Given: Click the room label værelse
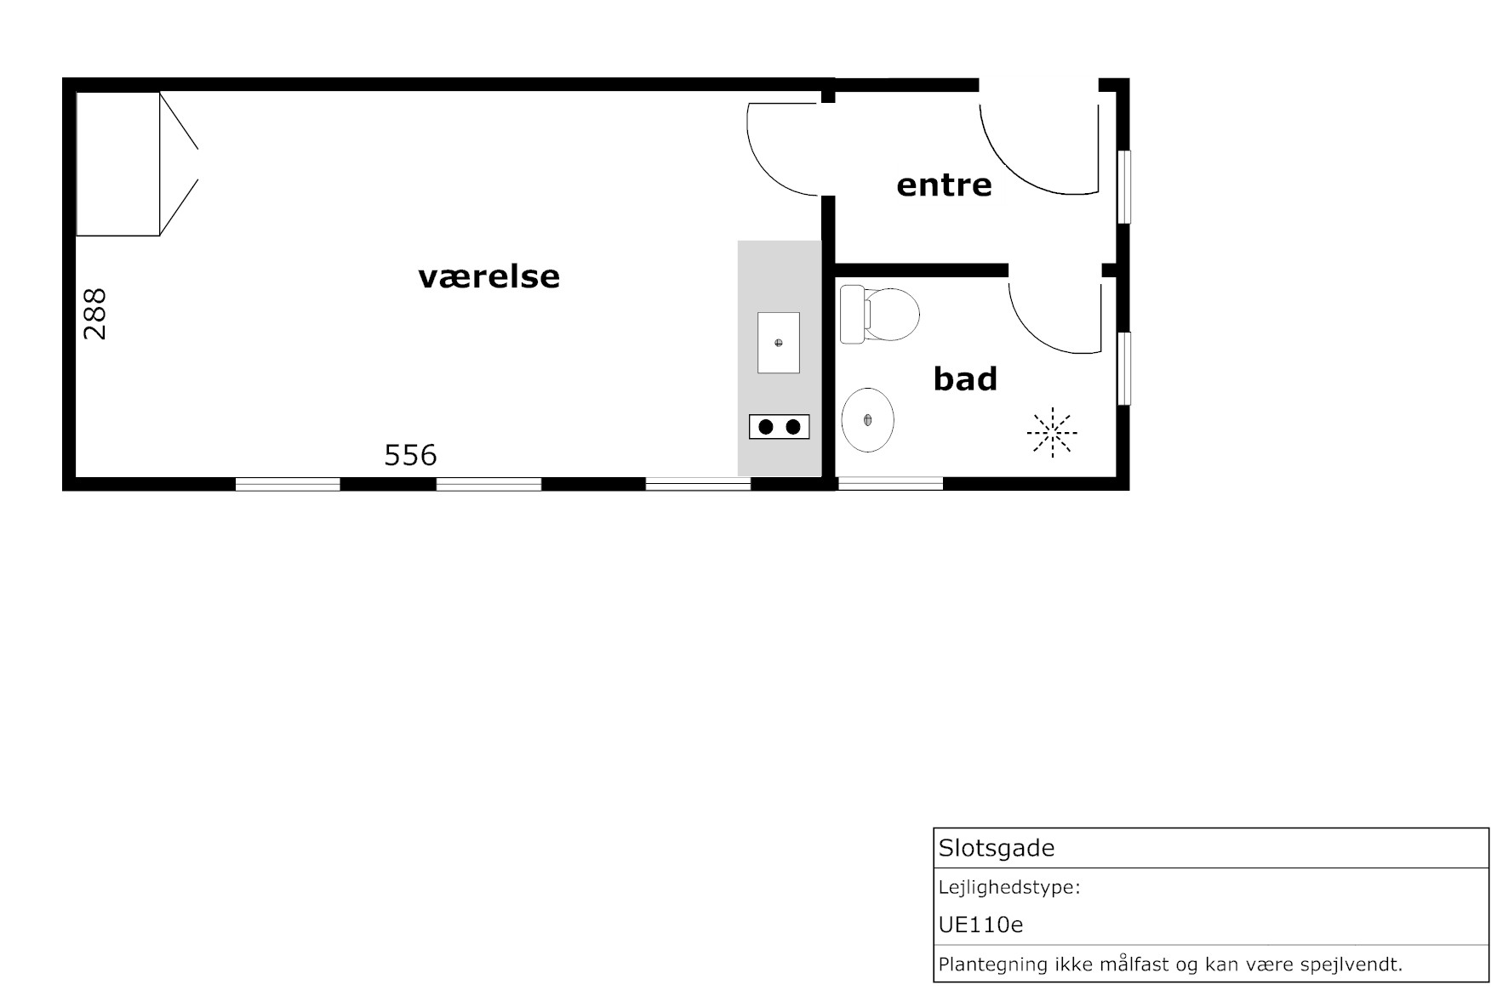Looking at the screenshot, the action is [489, 276].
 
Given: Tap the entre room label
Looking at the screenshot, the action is [944, 185].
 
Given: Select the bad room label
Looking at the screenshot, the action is [965, 378].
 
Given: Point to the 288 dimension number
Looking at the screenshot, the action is [94, 314].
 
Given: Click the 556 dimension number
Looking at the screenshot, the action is [410, 456].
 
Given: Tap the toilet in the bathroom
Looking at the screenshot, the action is [879, 315].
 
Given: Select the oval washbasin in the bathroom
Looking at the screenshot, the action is [867, 420].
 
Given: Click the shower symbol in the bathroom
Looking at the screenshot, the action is [1053, 432].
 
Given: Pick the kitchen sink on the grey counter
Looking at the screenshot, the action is [779, 343].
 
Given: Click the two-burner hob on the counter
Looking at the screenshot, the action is [779, 426].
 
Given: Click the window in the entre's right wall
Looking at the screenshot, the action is [1123, 187].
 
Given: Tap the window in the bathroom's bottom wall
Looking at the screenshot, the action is [890, 483].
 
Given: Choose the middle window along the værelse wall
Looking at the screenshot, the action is [489, 484].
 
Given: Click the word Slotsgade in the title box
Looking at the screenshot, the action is [997, 848].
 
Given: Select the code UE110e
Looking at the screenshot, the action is [980, 925].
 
